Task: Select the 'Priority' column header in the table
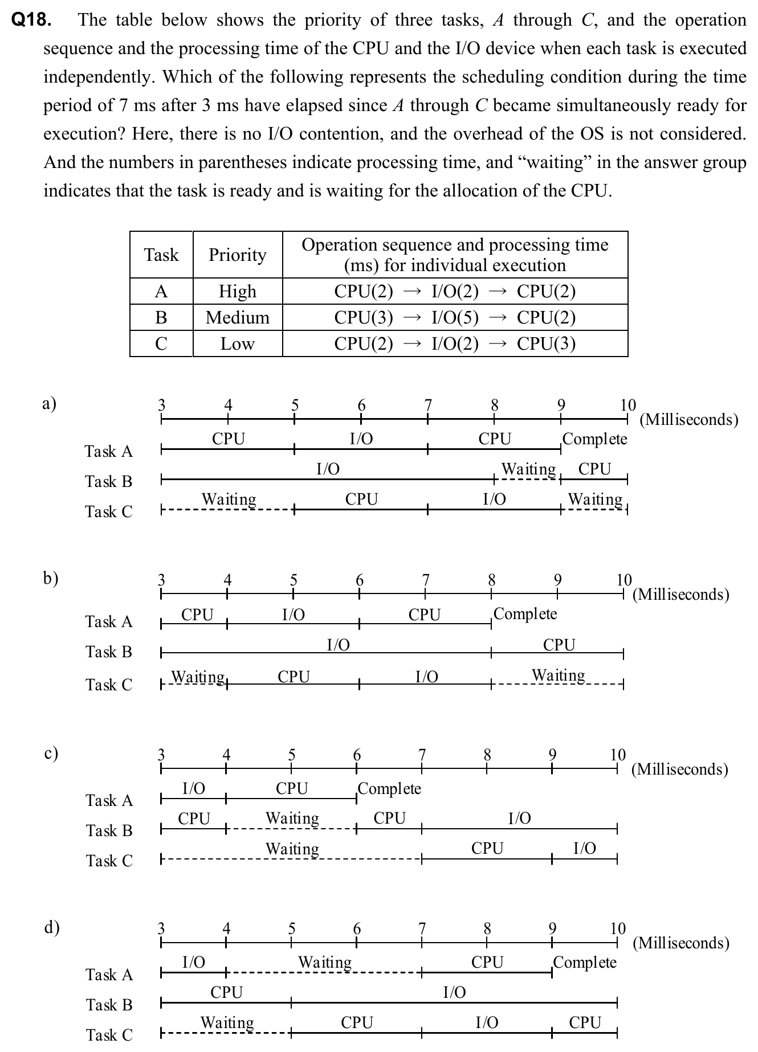237,255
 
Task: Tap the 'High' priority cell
237,292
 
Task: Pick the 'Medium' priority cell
237,317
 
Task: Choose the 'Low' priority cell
237,343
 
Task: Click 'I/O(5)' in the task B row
455,317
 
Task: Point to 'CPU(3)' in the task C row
546,343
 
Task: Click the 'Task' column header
161,255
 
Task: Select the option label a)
50,404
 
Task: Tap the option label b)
51,578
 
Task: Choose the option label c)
51,753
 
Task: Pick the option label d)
51,927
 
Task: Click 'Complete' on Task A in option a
594,439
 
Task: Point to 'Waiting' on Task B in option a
528,469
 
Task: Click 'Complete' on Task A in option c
389,789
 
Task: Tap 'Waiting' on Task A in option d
325,963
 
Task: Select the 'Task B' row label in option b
109,652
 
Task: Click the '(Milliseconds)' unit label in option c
679,769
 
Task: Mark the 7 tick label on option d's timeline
422,928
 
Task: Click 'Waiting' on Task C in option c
292,849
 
